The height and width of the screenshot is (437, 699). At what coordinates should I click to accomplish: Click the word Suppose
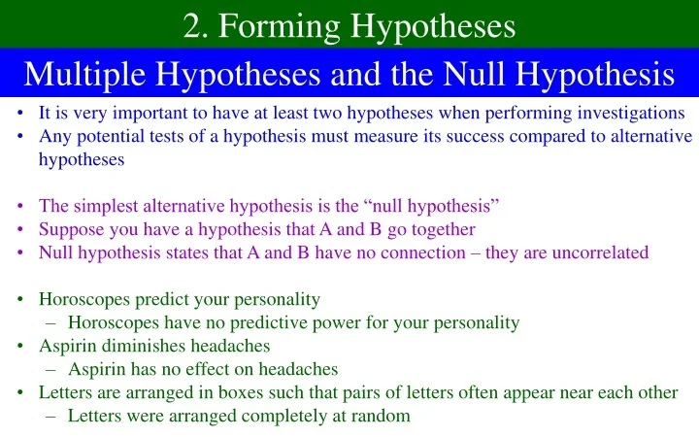coord(71,229)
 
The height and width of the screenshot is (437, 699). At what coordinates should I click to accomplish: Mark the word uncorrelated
coord(593,252)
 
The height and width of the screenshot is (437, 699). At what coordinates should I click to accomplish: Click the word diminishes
coord(135,346)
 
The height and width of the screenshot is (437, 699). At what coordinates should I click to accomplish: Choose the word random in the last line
coord(383,416)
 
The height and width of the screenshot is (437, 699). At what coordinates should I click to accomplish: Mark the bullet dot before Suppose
coord(20,229)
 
